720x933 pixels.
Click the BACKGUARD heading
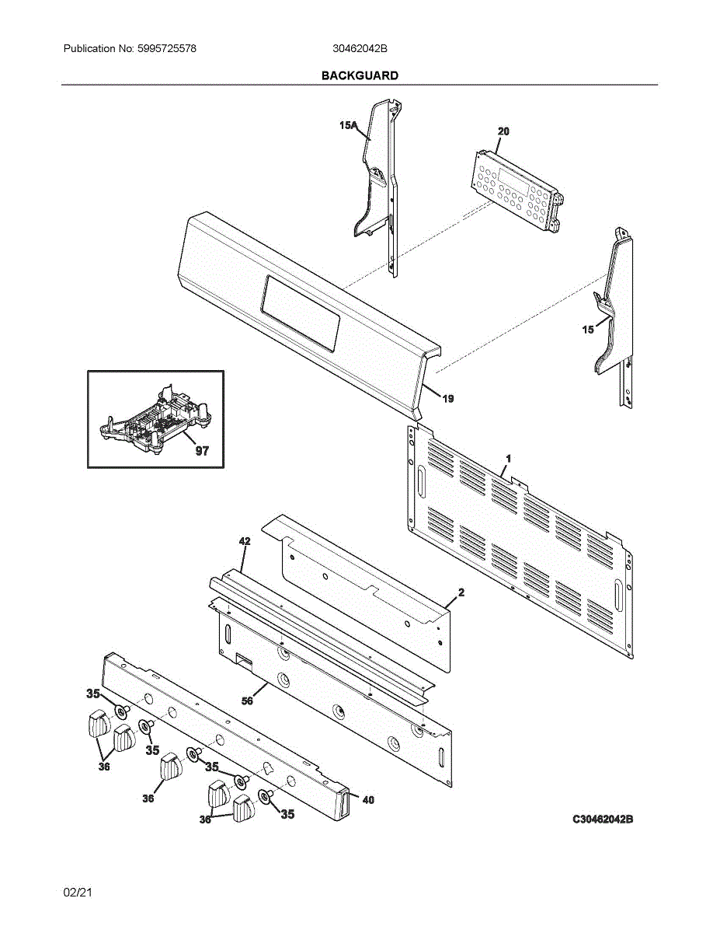point(360,75)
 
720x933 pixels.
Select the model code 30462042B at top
point(360,49)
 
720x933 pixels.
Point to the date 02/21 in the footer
point(78,893)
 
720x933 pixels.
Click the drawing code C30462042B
point(603,819)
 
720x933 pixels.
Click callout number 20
point(503,131)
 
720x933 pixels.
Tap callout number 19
point(448,398)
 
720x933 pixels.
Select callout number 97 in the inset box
point(202,450)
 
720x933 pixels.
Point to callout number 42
point(244,540)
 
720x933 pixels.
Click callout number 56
point(247,701)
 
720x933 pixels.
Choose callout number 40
point(368,798)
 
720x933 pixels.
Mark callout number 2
point(461,592)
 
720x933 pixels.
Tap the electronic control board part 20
point(517,190)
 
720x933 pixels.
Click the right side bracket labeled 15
point(618,319)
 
